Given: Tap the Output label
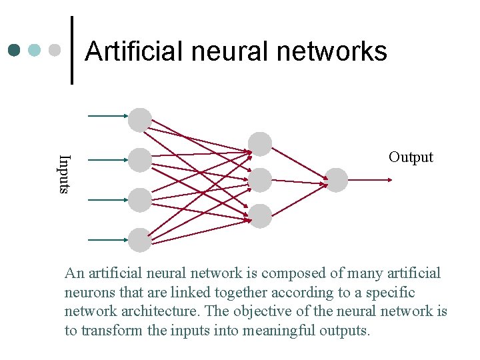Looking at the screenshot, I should click(411, 157).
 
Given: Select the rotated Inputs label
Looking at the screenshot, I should click(64, 174).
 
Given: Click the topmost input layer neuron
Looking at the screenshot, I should click(140, 120).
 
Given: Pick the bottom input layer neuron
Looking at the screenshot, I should click(140, 240).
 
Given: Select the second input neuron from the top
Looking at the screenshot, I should click(140, 160).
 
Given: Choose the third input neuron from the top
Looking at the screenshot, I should click(140, 200).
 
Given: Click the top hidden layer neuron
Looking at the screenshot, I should click(260, 144).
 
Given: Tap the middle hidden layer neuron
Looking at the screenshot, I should click(260, 180).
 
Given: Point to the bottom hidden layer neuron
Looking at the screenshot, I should click(260, 216).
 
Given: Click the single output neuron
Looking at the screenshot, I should click(336, 180).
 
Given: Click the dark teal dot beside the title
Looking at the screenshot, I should click(15, 51).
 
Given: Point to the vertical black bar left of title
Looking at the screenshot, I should click(72, 51).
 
